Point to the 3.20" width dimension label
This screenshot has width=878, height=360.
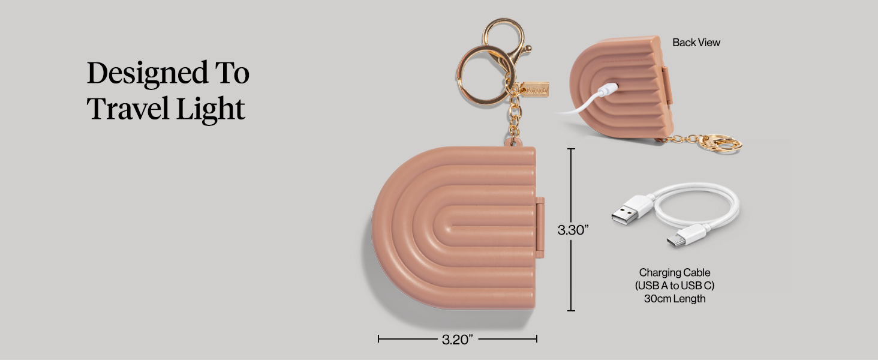coord(458,340)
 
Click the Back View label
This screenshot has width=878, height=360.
coord(696,43)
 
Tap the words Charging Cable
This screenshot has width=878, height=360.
coord(675,273)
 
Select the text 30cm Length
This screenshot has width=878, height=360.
coord(675,298)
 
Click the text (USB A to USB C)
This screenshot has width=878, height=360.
coord(675,286)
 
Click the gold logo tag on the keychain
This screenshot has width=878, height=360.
coord(534,89)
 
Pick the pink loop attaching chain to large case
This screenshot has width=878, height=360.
coord(512,142)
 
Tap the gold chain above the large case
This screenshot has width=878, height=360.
coord(514,117)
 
